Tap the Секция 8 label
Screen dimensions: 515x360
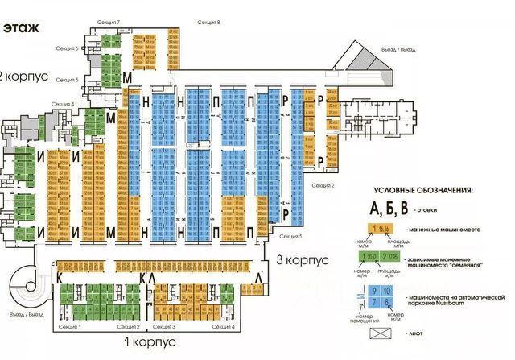coord(208,23)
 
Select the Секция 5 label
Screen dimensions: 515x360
coord(65,80)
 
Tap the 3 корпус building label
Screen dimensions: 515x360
coord(303,261)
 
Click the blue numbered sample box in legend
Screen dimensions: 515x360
coord(385,294)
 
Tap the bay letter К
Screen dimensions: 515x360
coord(60,277)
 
